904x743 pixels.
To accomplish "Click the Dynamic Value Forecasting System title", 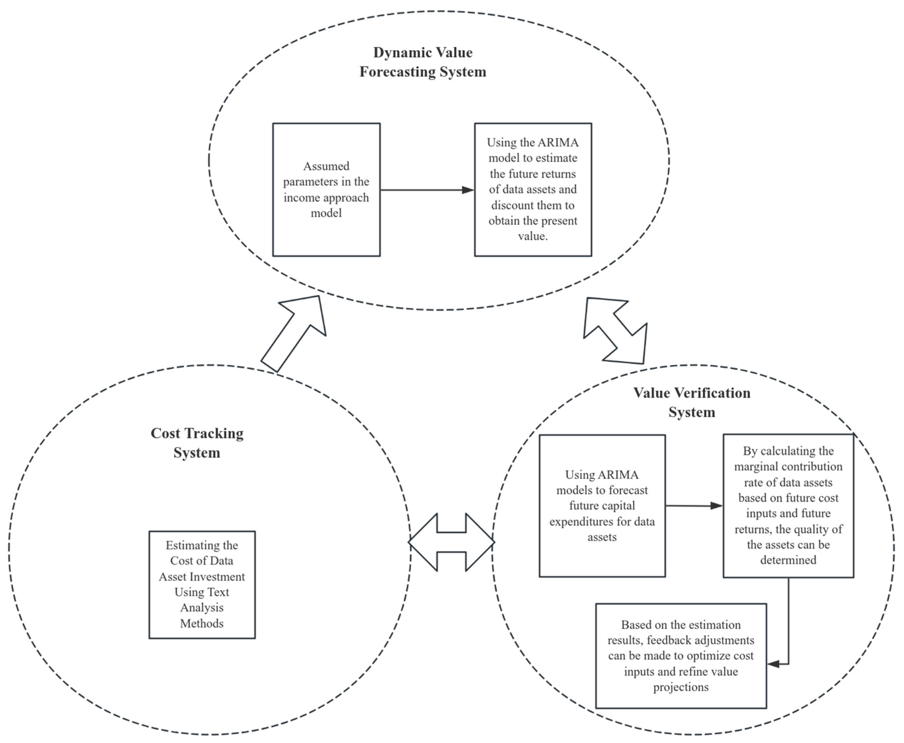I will (x=423, y=62).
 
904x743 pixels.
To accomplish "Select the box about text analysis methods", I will (x=202, y=585).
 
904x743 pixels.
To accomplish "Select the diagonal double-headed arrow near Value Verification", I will (x=615, y=330).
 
